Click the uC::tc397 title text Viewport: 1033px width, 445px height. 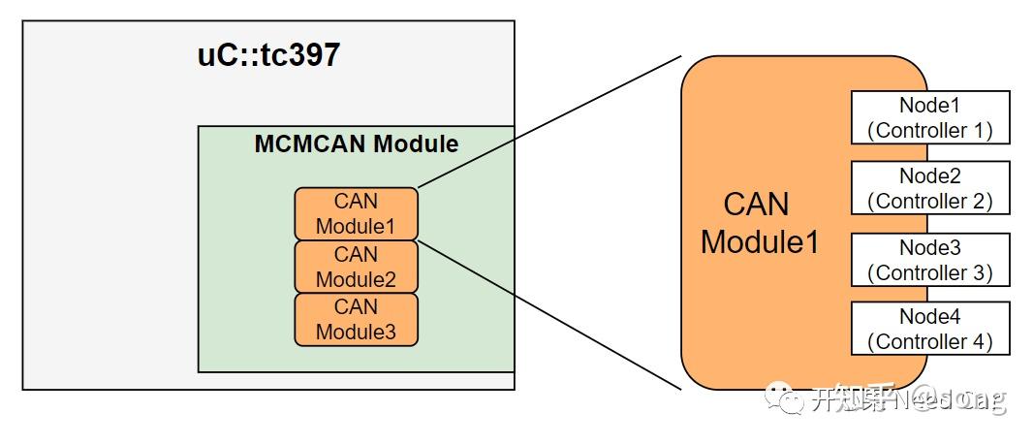tap(268, 54)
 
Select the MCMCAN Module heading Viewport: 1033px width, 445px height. tap(356, 144)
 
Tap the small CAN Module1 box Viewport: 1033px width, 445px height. tap(356, 214)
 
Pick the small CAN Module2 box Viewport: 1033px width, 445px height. tap(356, 268)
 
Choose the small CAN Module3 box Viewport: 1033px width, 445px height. tap(356, 320)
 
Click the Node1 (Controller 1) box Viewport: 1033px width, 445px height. tap(929, 117)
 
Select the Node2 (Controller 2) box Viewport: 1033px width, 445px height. tap(929, 188)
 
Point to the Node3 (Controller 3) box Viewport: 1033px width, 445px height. tap(929, 260)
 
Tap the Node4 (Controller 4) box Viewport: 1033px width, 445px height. tap(929, 329)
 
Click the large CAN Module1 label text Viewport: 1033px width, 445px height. tap(759, 223)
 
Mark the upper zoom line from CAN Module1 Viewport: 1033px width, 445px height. tap(549, 122)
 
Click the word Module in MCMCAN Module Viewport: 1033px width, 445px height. tap(416, 144)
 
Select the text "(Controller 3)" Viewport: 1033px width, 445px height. tap(929, 272)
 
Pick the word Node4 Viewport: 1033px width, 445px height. tap(929, 316)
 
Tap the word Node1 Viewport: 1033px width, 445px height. tap(929, 105)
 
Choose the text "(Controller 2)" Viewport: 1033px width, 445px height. tap(929, 201)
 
